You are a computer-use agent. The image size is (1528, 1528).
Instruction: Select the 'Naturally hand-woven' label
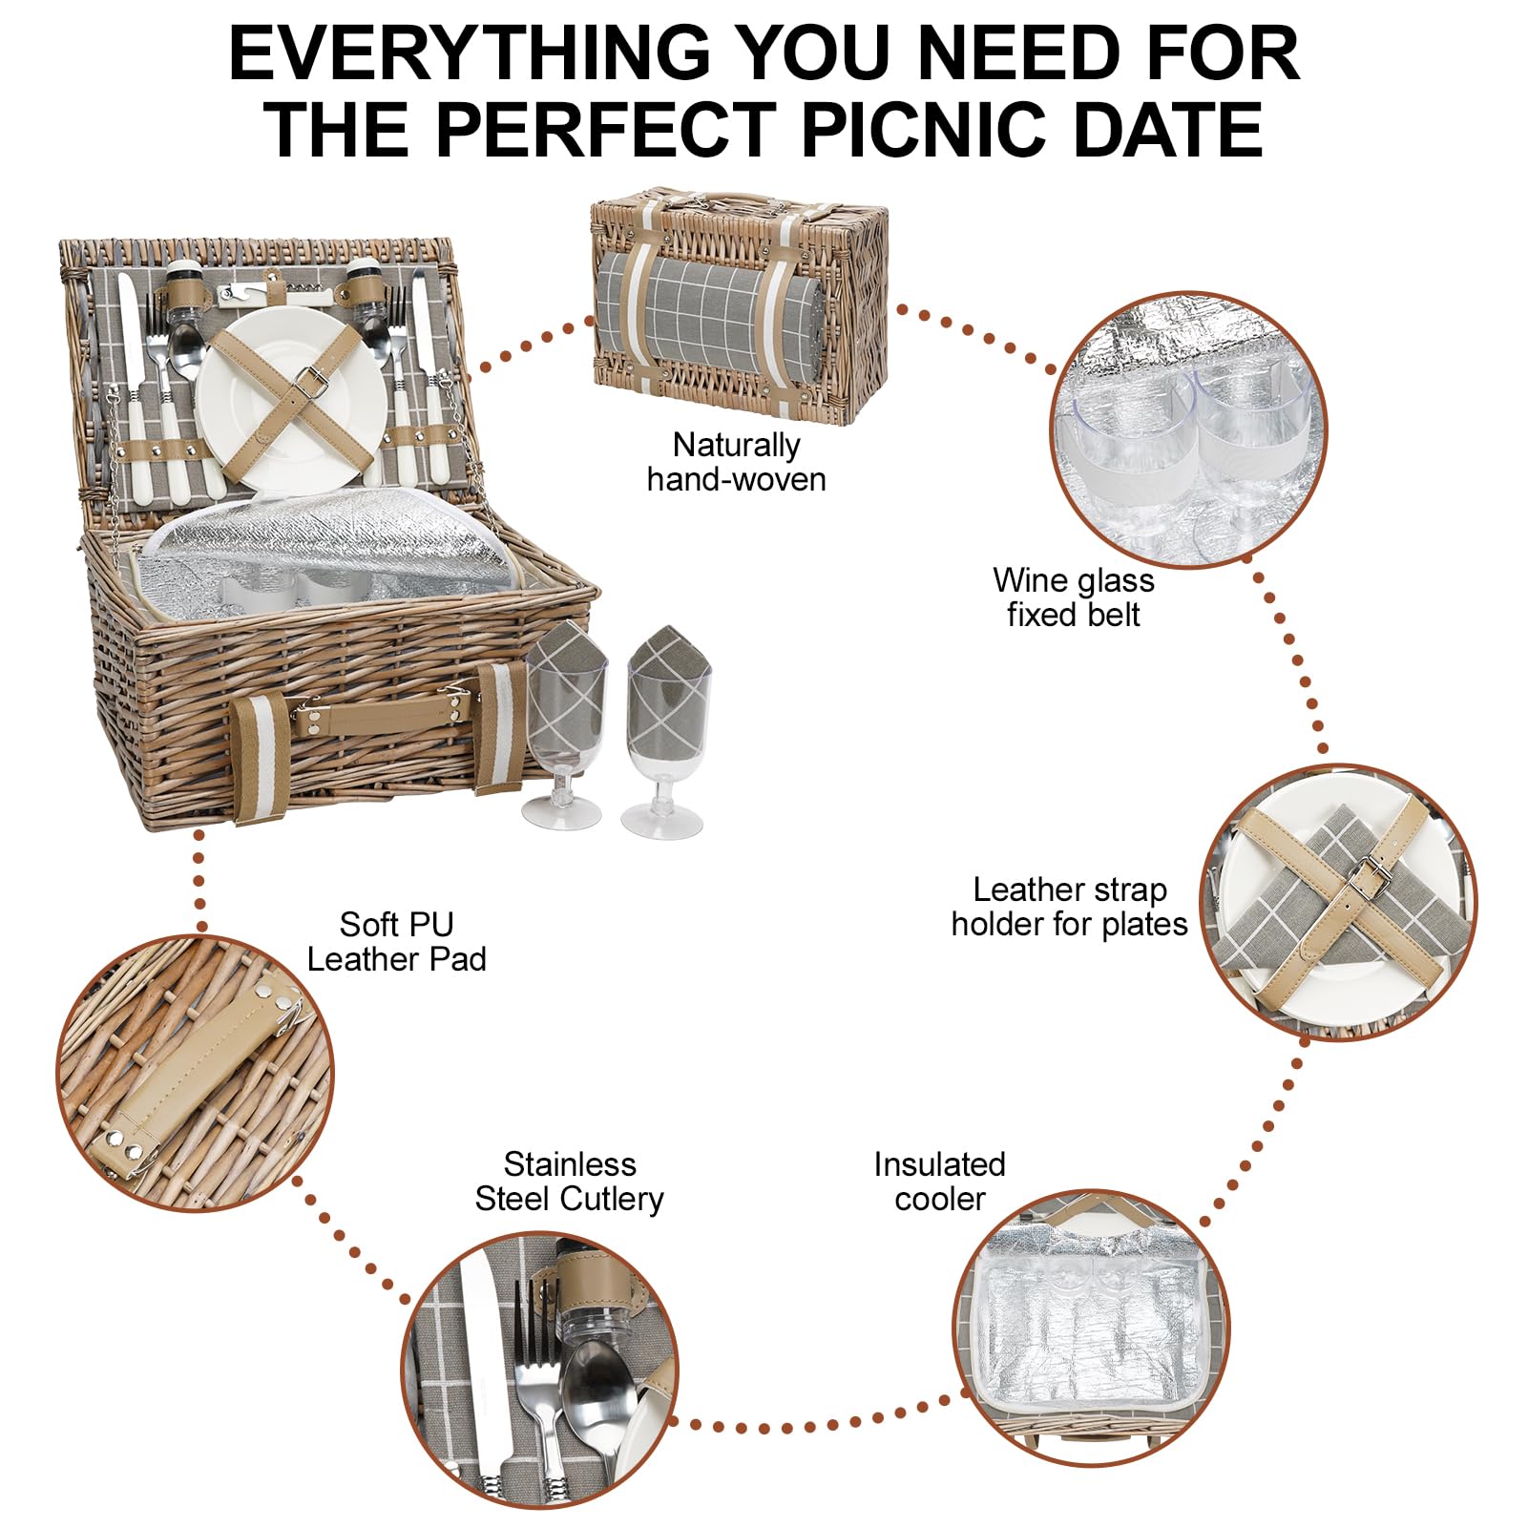736,462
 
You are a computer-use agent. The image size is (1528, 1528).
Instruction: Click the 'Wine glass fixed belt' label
1073,597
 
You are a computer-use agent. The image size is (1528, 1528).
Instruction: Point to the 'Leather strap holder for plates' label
1069,907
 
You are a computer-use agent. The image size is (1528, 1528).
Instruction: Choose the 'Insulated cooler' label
939,1182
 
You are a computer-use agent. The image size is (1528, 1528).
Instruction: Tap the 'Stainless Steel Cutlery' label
569,1182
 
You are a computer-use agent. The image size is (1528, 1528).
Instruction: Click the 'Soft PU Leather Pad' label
396,941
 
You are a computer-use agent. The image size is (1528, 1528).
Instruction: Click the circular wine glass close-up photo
1188,430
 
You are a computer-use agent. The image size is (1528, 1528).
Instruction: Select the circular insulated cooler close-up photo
1092,1328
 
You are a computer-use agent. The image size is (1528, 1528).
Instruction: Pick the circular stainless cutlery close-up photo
539,1371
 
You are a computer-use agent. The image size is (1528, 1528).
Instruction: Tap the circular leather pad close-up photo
196,1075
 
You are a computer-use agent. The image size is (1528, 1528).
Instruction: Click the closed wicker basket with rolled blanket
740,305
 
